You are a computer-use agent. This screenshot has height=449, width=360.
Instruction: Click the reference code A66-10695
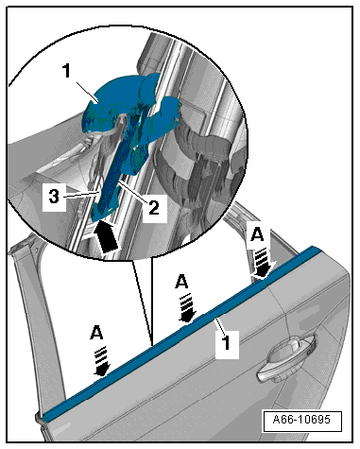(x=301, y=420)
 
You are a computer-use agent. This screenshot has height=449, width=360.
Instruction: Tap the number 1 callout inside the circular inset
(x=67, y=71)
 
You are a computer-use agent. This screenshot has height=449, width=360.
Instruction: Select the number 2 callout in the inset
(x=154, y=208)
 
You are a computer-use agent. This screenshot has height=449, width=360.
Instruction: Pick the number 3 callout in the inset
(x=54, y=197)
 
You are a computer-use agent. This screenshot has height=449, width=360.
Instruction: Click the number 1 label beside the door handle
(x=227, y=343)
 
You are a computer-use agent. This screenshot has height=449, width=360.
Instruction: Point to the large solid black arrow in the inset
(x=107, y=236)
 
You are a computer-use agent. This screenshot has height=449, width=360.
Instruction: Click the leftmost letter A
(x=96, y=333)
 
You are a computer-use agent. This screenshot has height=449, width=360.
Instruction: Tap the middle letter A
(x=181, y=282)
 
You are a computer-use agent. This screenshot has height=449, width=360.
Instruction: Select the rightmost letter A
(x=257, y=234)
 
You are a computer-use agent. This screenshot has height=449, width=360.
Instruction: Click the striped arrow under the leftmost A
(x=102, y=361)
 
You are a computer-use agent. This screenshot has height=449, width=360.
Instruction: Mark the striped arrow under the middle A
(x=188, y=308)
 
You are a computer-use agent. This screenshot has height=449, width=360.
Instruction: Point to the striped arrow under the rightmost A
(x=264, y=262)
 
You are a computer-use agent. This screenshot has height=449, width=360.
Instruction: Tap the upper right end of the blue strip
(x=317, y=250)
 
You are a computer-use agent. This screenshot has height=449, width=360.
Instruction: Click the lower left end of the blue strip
(x=46, y=417)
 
